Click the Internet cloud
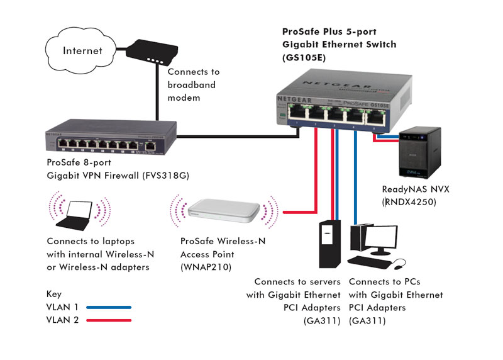pyautogui.click(x=82, y=50)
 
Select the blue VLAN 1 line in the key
pyautogui.click(x=109, y=307)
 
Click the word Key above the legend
pyautogui.click(x=54, y=293)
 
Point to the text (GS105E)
pyautogui.click(x=302, y=57)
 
